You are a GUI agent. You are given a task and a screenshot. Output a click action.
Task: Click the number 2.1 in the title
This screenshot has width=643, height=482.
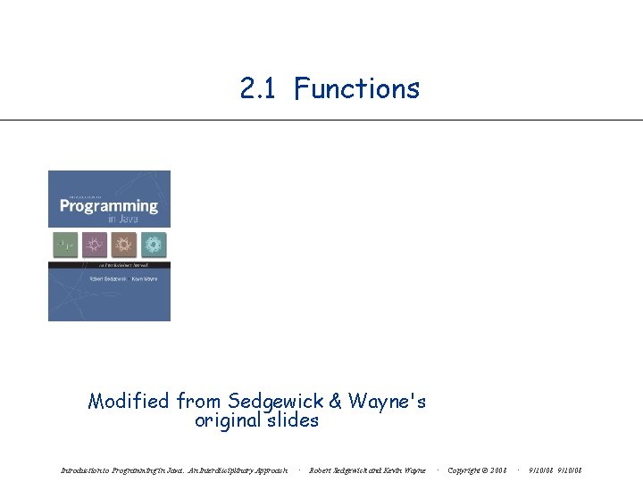259,88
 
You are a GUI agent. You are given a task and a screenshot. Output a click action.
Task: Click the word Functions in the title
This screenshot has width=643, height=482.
356,88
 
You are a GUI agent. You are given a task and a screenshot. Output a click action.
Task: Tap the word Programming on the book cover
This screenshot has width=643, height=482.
108,206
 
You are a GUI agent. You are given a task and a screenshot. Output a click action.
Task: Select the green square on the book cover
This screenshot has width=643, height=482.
65,244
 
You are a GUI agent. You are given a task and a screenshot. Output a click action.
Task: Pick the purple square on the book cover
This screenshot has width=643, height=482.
94,244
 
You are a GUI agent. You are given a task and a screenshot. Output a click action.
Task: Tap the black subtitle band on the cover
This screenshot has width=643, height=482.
109,265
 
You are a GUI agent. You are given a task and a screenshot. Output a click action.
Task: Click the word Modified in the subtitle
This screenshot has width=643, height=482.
129,401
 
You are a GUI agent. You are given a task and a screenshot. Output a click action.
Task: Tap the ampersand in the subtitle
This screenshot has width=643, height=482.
336,401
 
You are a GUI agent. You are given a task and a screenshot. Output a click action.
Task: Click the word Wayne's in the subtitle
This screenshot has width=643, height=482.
387,401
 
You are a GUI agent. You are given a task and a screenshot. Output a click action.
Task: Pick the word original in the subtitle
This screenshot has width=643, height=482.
228,420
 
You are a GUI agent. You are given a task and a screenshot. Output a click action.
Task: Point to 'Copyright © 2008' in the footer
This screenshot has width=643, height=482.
477,470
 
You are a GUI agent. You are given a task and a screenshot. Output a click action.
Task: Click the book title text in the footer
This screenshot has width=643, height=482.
174,470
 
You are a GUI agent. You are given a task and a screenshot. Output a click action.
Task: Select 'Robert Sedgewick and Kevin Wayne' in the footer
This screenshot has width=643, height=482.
367,470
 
